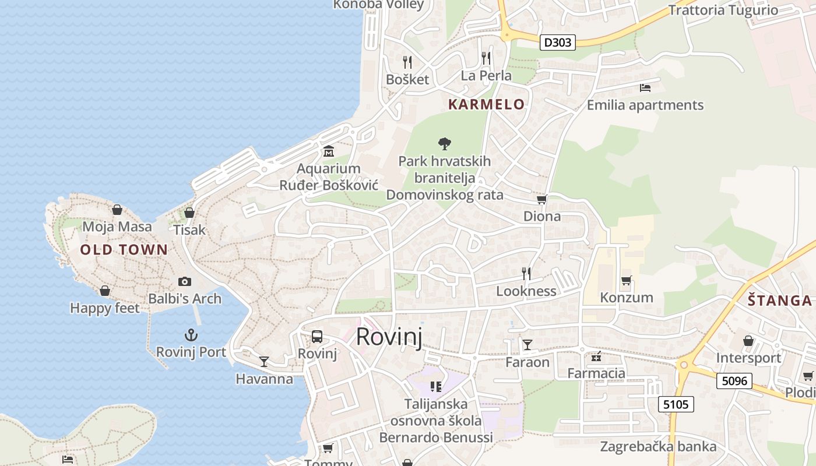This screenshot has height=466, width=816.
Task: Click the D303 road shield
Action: pyautogui.click(x=557, y=42)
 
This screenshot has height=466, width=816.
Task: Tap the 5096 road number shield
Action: pyautogui.click(x=734, y=381)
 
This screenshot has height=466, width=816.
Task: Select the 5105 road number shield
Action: pyautogui.click(x=676, y=404)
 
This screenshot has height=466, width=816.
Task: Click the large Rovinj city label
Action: pyautogui.click(x=389, y=337)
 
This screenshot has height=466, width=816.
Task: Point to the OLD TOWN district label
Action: pyautogui.click(x=124, y=250)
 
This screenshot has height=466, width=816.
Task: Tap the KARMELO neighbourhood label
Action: pyautogui.click(x=486, y=104)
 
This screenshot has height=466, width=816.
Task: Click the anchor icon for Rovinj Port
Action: pyautogui.click(x=191, y=335)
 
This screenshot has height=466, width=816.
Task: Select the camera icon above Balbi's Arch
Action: pyautogui.click(x=185, y=282)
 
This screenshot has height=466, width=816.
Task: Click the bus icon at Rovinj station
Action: pyautogui.click(x=317, y=337)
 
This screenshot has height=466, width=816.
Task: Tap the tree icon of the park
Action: pyautogui.click(x=445, y=143)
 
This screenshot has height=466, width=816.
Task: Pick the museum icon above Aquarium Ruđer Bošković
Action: pyautogui.click(x=329, y=151)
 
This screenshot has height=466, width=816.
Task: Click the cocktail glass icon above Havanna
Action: pyautogui.click(x=264, y=362)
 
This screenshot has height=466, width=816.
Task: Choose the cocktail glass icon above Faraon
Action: pyautogui.click(x=527, y=345)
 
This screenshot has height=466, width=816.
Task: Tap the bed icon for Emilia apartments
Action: pyautogui.click(x=645, y=88)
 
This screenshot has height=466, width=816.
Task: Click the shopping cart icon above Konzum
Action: pyautogui.click(x=627, y=281)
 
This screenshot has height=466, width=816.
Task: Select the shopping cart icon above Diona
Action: pyautogui.click(x=541, y=200)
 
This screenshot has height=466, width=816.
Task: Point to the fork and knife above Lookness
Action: pyautogui.click(x=526, y=273)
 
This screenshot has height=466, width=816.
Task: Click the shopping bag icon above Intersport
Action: pyautogui.click(x=748, y=341)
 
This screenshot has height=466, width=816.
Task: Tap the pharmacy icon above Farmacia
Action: pyautogui.click(x=596, y=356)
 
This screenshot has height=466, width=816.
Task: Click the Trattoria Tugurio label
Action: pyautogui.click(x=723, y=10)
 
